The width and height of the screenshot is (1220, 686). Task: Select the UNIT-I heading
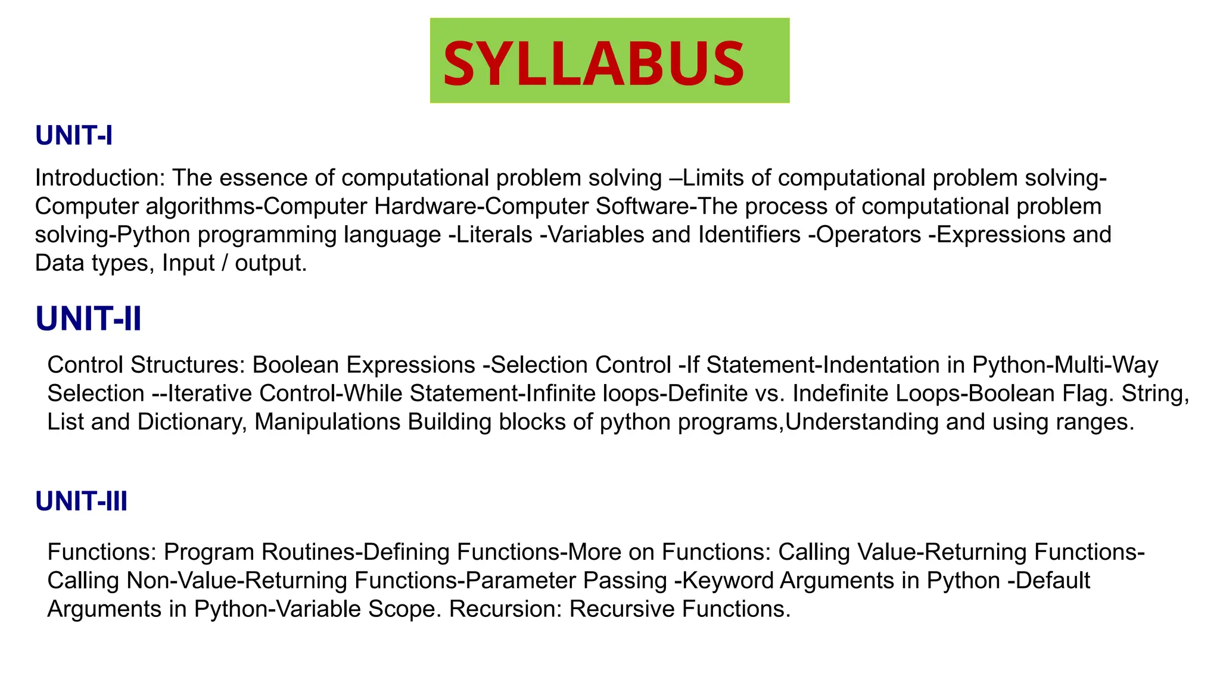coord(74,136)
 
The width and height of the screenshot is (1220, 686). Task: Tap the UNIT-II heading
coord(89,319)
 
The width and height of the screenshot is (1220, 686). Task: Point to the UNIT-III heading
coord(82,501)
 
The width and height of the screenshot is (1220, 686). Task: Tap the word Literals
coord(494,235)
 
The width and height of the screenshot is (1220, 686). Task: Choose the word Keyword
coord(726,580)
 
